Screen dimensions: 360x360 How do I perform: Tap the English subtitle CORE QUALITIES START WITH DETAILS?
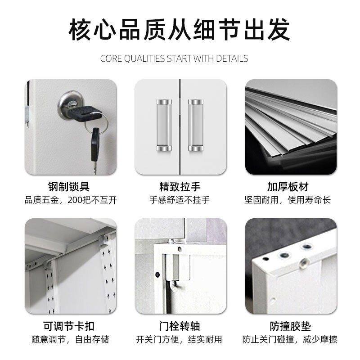point(180,58)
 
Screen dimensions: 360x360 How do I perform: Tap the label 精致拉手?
point(180,186)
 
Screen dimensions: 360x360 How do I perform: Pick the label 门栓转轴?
point(180,326)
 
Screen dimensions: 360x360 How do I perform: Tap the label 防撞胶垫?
point(290,326)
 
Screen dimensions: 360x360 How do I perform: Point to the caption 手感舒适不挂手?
point(180,200)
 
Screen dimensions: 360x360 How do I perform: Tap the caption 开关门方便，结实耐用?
point(180,339)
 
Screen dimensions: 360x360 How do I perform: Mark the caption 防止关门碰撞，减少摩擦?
point(290,339)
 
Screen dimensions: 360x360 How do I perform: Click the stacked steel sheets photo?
point(291,127)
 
